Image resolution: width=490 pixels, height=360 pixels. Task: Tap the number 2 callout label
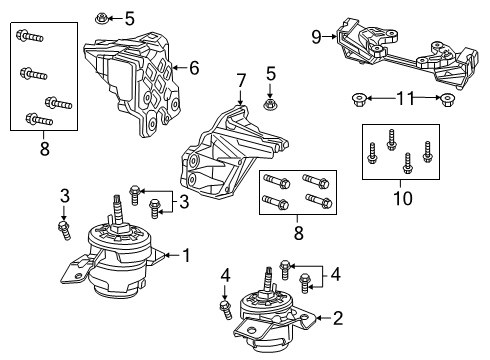click(337, 319)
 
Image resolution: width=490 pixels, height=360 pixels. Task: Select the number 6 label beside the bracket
click(195, 68)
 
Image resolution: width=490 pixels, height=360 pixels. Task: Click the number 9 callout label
click(316, 38)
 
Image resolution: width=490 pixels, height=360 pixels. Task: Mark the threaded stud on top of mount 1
click(120, 212)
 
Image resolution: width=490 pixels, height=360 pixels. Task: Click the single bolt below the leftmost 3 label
click(64, 230)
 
